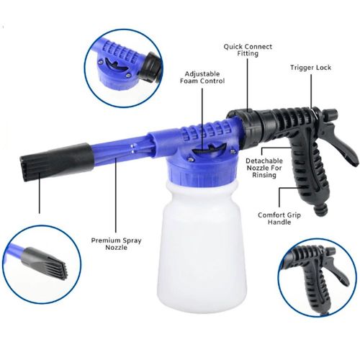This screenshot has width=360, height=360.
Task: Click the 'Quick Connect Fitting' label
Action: pyautogui.click(x=248, y=50)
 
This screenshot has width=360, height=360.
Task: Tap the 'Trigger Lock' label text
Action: pyautogui.click(x=311, y=68)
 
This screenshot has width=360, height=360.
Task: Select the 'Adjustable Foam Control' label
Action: pyautogui.click(x=202, y=77)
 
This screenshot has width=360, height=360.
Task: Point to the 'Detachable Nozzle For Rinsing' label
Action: pyautogui.click(x=264, y=168)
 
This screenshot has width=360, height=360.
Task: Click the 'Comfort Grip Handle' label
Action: pyautogui.click(x=279, y=218)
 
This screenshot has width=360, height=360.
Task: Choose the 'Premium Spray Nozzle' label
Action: pyautogui.click(x=116, y=243)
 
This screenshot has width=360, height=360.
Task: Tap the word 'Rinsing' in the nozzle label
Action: pyautogui.click(x=264, y=175)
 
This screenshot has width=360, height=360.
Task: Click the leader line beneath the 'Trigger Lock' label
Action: pyautogui.click(x=312, y=91)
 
